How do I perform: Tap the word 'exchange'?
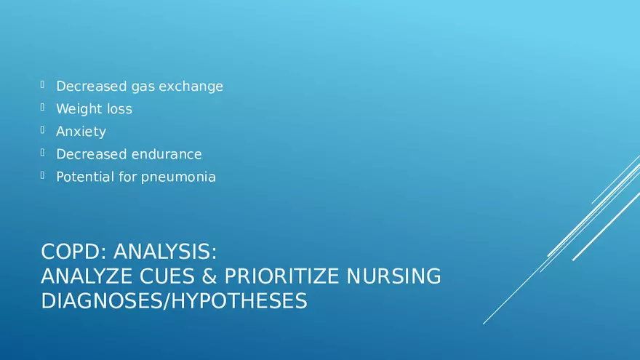coord(191,86)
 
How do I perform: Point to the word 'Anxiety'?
coord(81,132)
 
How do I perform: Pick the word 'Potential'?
coord(85,177)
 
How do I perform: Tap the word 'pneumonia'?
coord(178,177)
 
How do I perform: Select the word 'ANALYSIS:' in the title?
coord(165,252)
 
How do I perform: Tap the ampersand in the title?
coord(209,276)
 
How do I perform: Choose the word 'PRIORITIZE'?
coord(281,276)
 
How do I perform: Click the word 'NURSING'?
coord(393,276)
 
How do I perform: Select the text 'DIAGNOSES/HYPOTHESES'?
coord(174,301)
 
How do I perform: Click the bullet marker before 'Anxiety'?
coord(42,129)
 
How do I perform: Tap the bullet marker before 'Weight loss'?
coord(42,107)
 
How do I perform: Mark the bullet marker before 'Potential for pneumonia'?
coord(42,175)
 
